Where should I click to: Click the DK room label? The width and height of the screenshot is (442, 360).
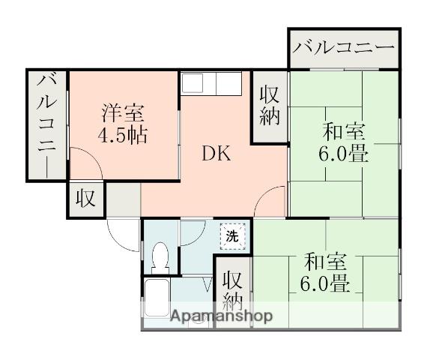click(214, 155)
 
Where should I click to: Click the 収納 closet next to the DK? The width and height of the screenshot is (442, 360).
click(269, 105)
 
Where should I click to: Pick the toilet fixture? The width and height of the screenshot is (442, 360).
click(160, 259)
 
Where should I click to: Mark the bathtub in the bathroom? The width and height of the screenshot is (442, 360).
click(157, 300)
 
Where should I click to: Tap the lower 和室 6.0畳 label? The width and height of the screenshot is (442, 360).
click(326, 274)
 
